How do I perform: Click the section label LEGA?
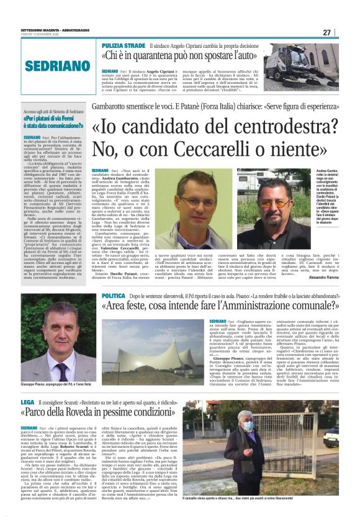[27, 403]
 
